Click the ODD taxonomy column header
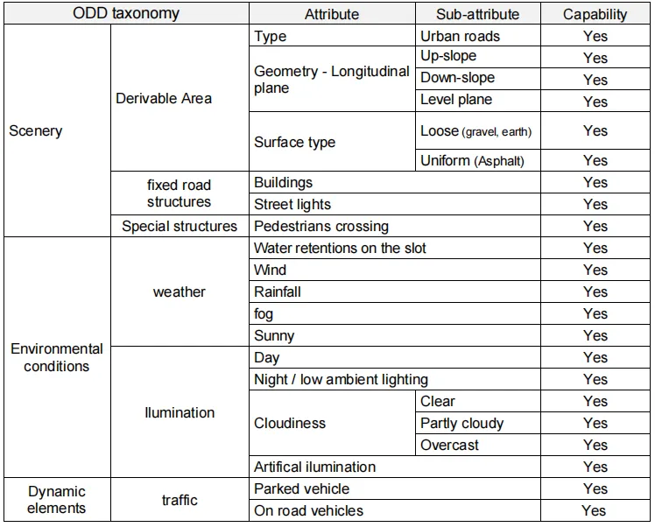(x=126, y=13)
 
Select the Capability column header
(x=595, y=14)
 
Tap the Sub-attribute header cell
(x=478, y=14)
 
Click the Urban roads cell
(x=478, y=36)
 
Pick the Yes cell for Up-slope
(x=595, y=58)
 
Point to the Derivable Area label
(x=164, y=99)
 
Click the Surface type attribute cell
(x=332, y=142)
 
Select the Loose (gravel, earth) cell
(x=478, y=130)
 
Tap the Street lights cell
(x=395, y=204)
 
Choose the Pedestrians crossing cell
(x=395, y=227)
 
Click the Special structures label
(x=180, y=227)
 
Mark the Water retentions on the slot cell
(x=395, y=248)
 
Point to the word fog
(x=264, y=314)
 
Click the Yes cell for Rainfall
(x=595, y=292)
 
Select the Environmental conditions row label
(x=57, y=357)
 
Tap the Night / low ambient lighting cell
(x=395, y=380)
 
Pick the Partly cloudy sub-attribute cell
(x=478, y=423)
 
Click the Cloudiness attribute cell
(x=332, y=423)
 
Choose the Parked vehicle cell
(x=395, y=488)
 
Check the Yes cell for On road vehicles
(x=595, y=510)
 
